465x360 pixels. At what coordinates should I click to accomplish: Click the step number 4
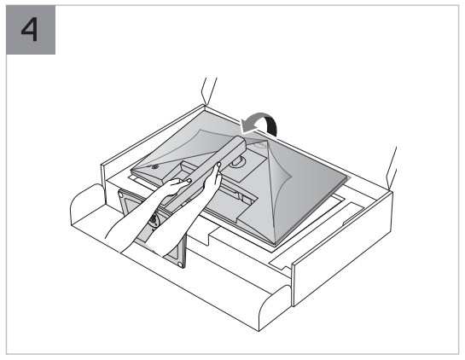[30, 29]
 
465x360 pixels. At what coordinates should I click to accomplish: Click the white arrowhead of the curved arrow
[248, 125]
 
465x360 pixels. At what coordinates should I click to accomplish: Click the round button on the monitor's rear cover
[154, 167]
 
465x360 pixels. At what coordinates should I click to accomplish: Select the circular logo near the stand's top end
[261, 144]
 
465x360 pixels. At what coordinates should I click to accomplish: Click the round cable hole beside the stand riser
[238, 162]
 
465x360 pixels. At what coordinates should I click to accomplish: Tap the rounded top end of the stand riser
[241, 142]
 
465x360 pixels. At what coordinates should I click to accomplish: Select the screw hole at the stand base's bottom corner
[179, 264]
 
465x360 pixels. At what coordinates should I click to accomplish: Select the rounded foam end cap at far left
[86, 205]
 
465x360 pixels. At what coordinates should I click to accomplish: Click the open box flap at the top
[209, 92]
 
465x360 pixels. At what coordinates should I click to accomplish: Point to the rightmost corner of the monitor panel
[347, 178]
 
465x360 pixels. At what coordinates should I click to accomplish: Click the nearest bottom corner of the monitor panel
[276, 244]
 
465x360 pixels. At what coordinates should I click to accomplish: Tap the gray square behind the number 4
[31, 30]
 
